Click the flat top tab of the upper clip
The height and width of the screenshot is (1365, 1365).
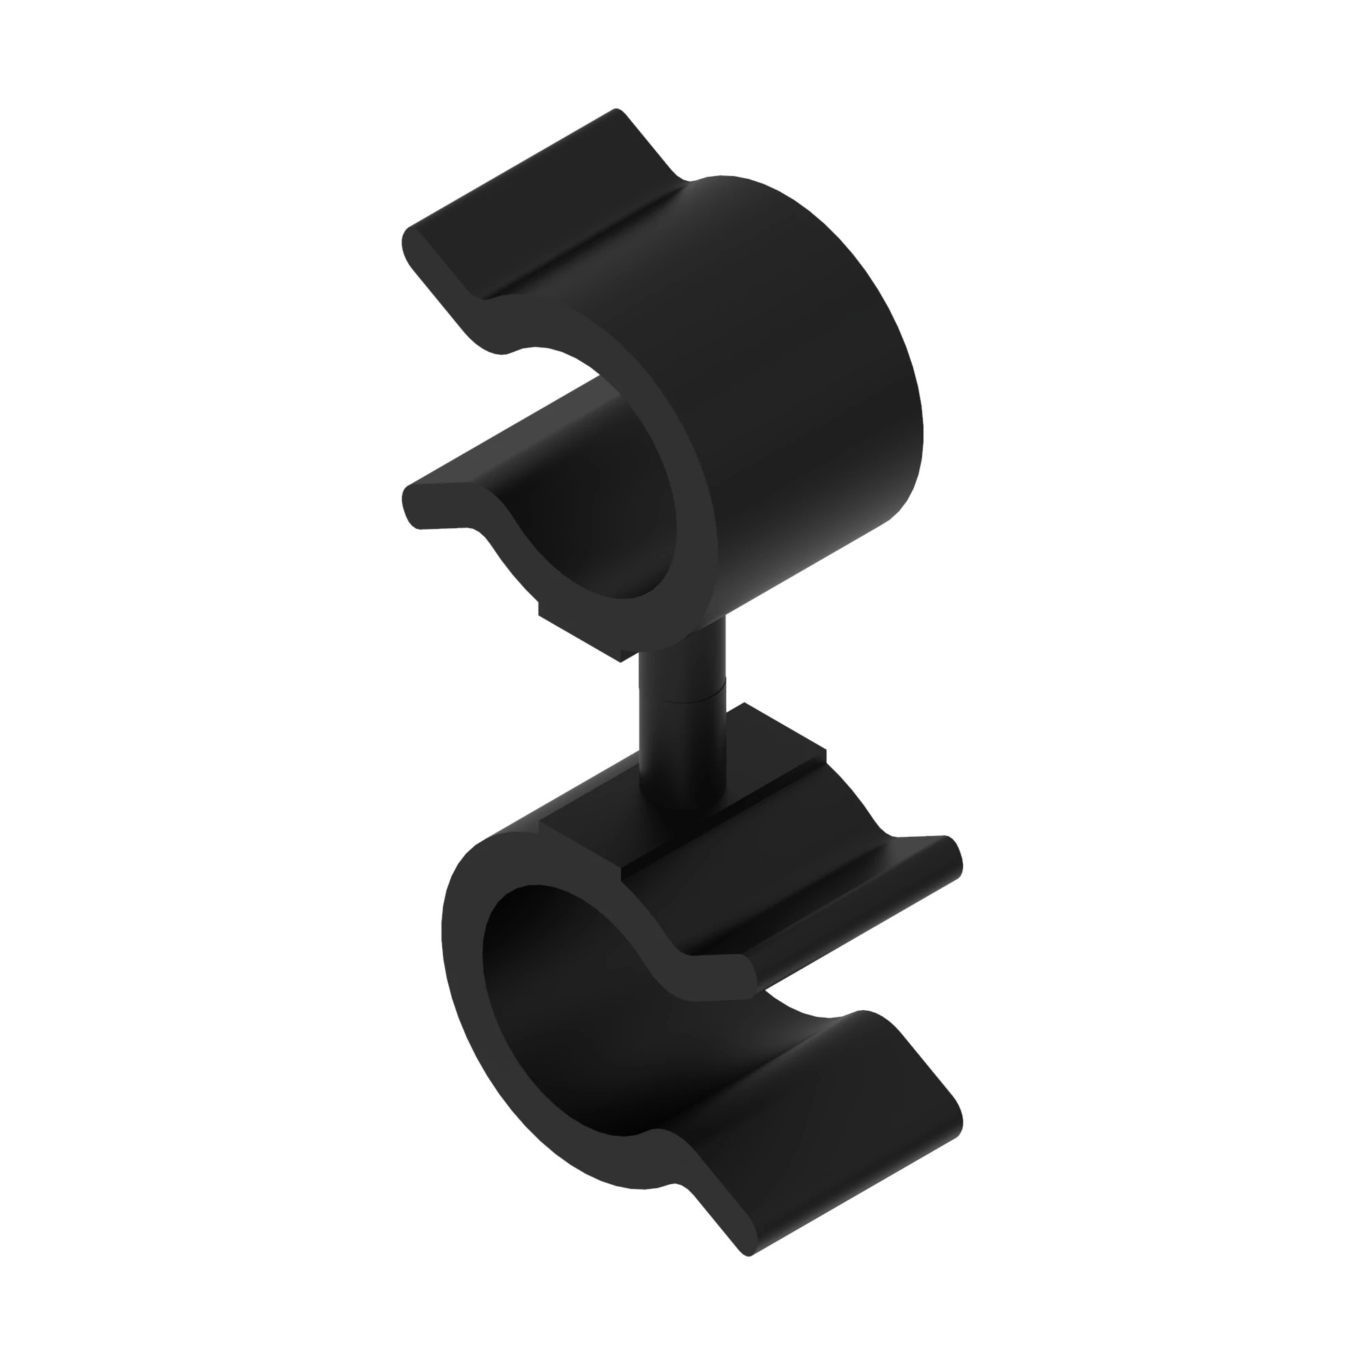[x=544, y=205]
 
